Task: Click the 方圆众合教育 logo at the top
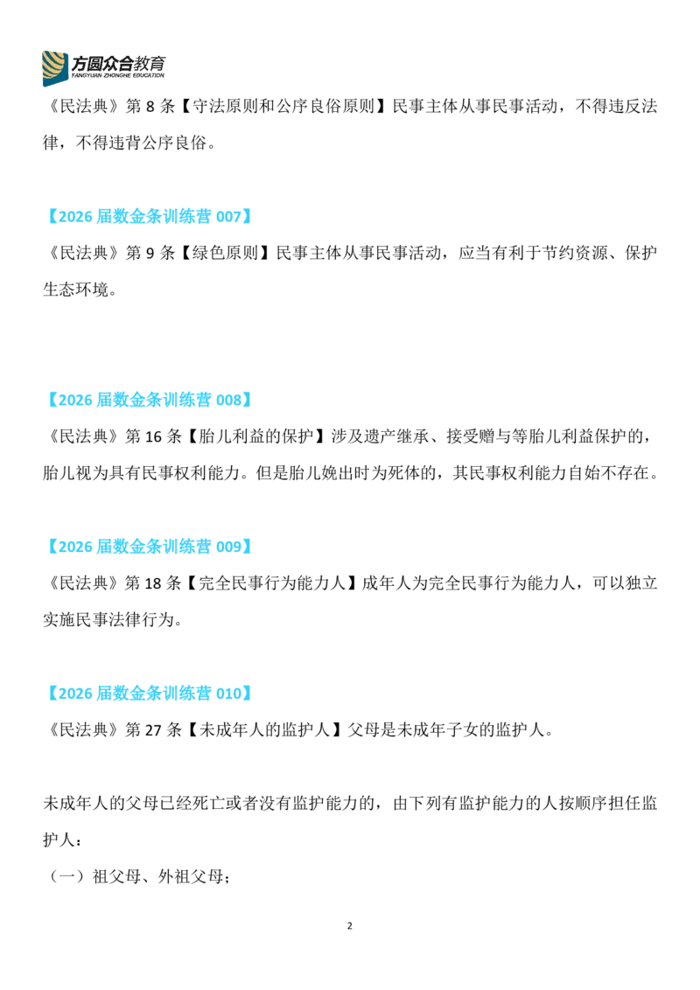pos(103,67)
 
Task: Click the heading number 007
pos(228,217)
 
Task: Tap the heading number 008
pos(228,401)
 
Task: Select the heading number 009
pos(228,547)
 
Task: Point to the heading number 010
pos(228,694)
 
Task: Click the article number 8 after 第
pos(150,106)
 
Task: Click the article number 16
pos(153,436)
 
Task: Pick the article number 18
pos(153,583)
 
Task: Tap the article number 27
pos(153,730)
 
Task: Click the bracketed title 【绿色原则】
pos(226,253)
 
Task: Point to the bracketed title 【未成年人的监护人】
pos(265,730)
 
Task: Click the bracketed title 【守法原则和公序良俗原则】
pos(283,106)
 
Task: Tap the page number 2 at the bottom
pos(349,926)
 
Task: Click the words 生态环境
pos(76,289)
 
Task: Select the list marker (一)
pos(67,877)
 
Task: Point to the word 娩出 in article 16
pos(322,473)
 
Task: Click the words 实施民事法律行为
pos(108,620)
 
